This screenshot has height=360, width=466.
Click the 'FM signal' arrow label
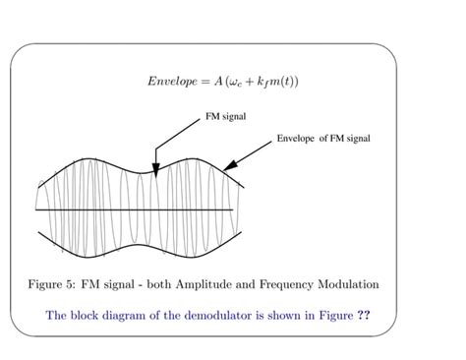pyautogui.click(x=225, y=116)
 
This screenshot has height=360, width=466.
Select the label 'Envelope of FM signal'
pyautogui.click(x=323, y=139)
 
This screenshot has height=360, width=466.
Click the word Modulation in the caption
pyautogui.click(x=370, y=285)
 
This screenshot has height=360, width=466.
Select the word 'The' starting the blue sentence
pyautogui.click(x=58, y=317)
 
